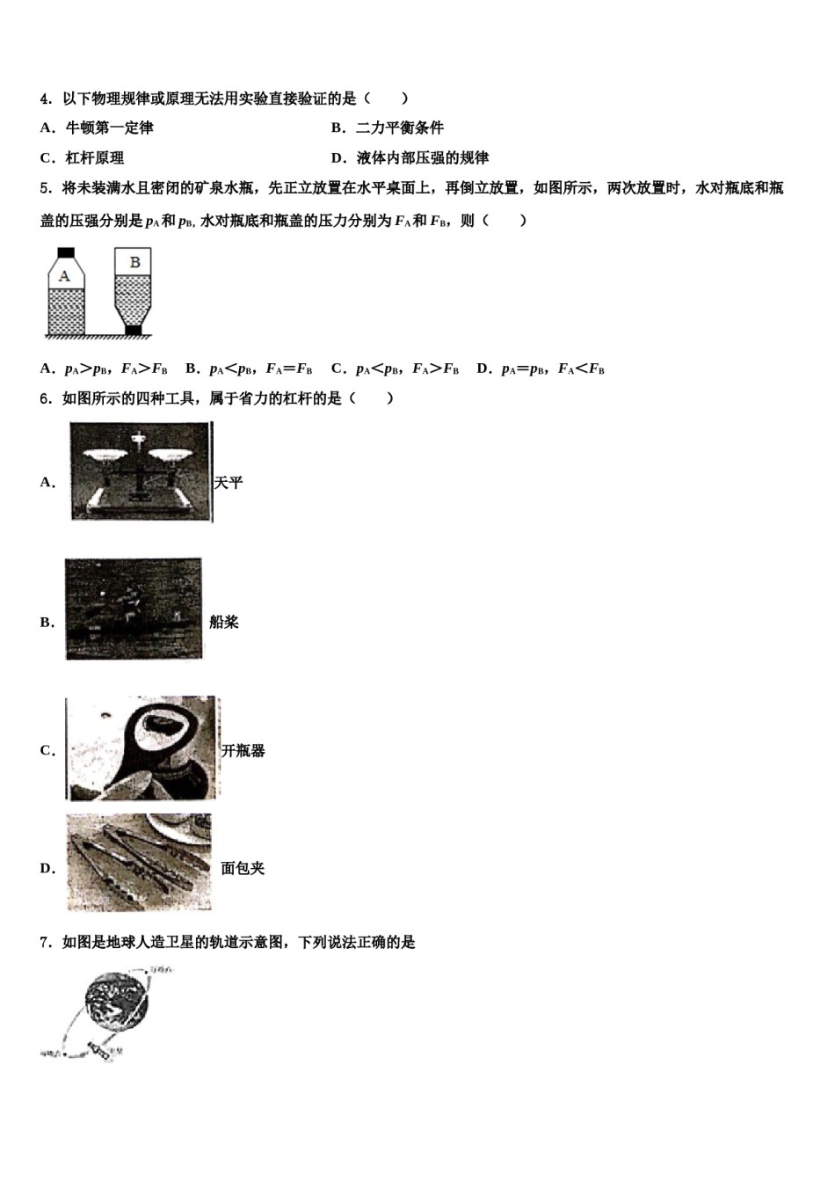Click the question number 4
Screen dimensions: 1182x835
45,98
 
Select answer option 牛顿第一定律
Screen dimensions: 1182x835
109,128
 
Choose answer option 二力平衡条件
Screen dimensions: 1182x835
400,128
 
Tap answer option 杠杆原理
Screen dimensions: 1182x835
95,158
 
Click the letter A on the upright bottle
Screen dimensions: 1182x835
64,275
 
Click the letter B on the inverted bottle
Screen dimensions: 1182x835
134,261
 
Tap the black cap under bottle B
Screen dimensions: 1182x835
134,331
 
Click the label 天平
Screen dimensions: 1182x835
229,483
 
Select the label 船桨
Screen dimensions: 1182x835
224,623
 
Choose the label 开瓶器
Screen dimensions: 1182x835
243,751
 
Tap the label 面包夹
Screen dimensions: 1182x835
243,869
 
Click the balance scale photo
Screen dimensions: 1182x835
141,471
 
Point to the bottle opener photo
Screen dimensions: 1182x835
142,748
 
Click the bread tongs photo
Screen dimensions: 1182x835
140,863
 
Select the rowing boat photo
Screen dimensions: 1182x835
134,609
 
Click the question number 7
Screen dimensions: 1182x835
45,943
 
